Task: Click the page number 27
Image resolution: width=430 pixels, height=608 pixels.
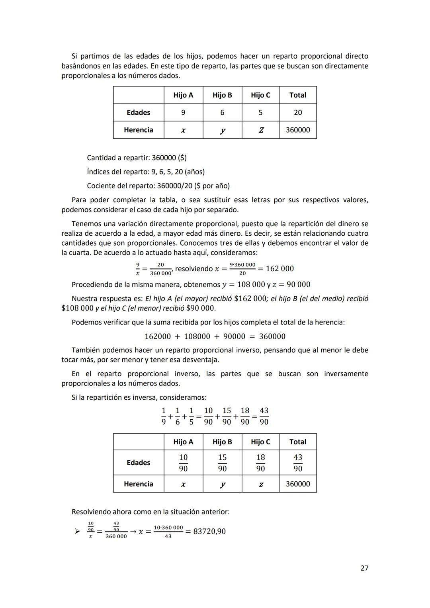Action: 364,568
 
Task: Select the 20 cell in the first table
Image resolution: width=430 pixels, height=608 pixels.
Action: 297,113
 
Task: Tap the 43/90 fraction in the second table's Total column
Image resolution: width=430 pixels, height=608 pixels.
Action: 297,463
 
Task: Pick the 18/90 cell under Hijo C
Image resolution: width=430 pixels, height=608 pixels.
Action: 260,463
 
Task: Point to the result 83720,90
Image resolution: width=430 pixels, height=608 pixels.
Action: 209,532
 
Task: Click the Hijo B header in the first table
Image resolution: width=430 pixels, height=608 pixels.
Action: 222,95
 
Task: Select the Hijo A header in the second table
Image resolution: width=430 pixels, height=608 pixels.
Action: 183,442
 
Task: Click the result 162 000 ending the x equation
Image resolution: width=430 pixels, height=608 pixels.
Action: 279,269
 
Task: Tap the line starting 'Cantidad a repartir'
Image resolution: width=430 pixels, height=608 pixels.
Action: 137,158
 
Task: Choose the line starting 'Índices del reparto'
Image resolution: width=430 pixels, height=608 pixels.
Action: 146,172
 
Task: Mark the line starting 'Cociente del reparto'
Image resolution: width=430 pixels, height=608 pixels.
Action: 158,186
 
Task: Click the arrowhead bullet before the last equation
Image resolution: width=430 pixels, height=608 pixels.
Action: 77,531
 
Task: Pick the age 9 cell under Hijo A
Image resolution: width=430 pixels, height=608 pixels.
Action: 183,113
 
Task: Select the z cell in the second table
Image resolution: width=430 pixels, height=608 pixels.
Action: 260,484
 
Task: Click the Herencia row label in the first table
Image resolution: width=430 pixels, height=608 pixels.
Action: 138,130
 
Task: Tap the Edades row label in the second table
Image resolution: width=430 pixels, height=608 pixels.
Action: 138,463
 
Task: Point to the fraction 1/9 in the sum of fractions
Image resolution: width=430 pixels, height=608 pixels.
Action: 163,416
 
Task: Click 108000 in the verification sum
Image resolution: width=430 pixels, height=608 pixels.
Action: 197,336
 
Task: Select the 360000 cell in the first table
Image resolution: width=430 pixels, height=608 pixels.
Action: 297,130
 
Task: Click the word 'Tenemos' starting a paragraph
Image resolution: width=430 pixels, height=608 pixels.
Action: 85,224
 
